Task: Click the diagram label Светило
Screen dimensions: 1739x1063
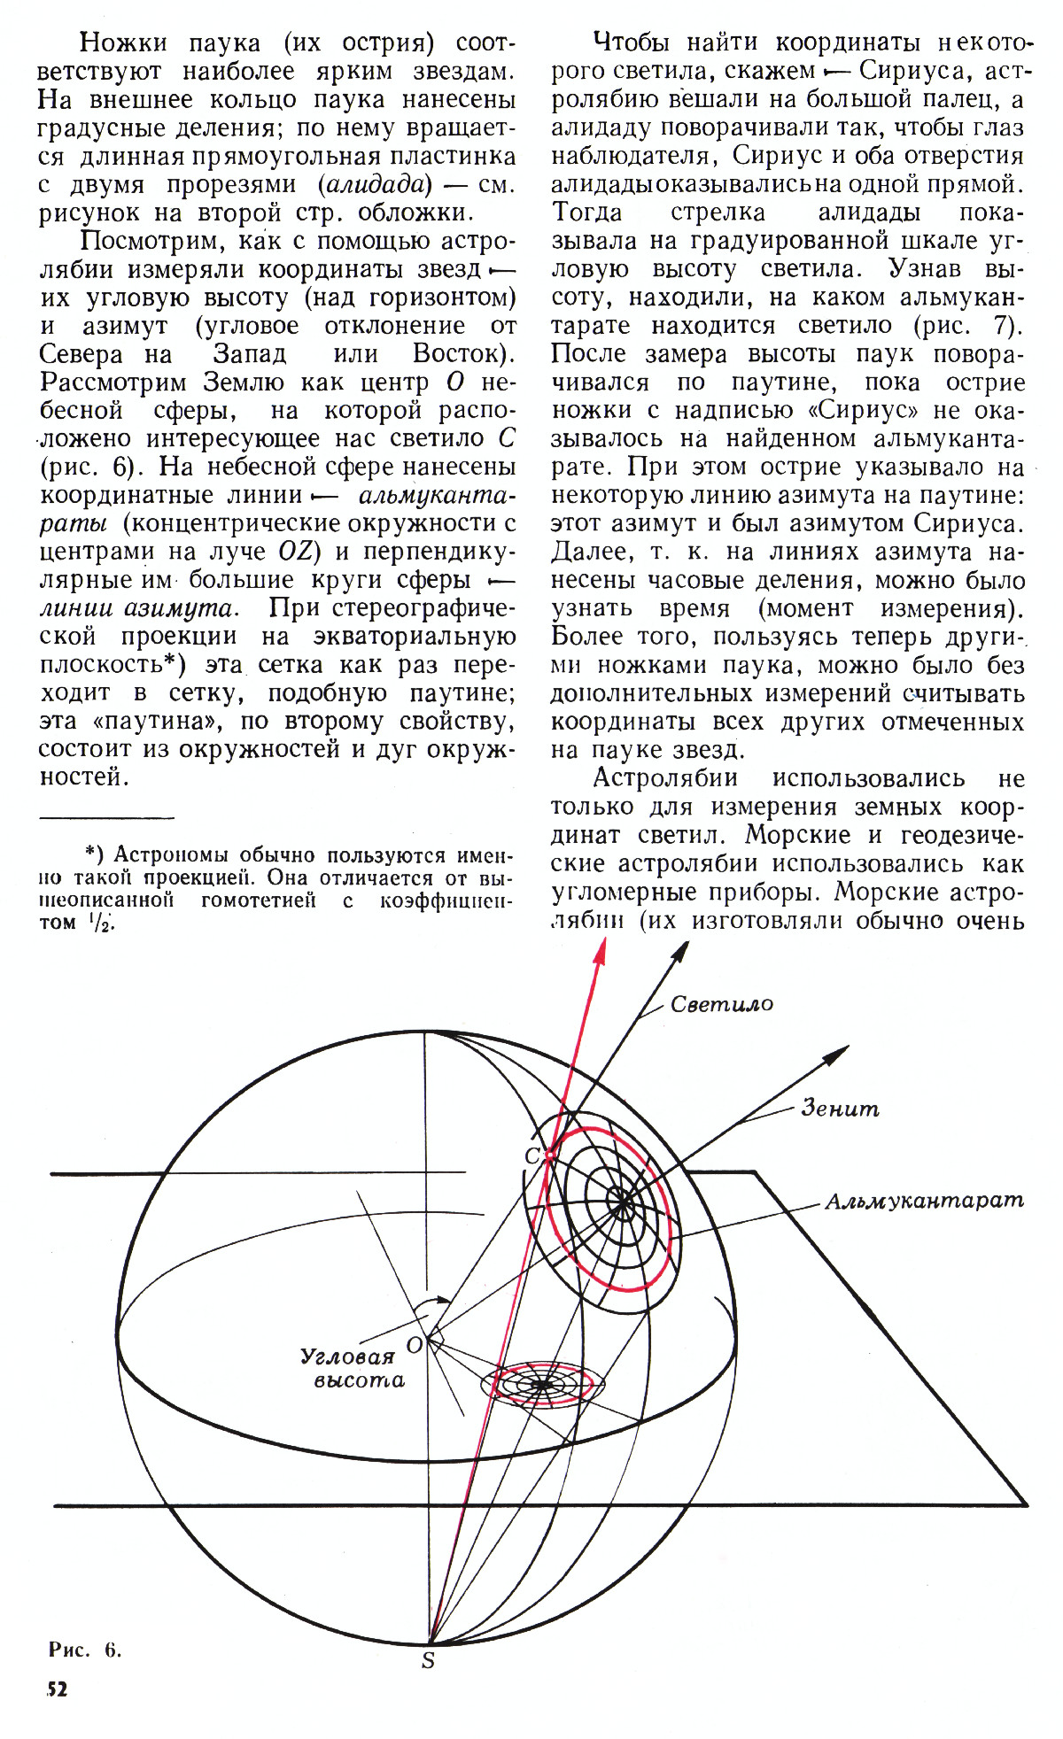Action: (721, 1004)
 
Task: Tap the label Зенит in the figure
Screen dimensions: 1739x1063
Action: (840, 1108)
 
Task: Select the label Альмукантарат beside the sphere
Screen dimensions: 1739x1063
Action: (924, 1201)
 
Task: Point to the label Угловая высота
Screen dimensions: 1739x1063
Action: (353, 1369)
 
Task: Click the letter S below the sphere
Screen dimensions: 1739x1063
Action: (428, 1661)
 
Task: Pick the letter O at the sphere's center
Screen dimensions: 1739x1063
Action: (414, 1345)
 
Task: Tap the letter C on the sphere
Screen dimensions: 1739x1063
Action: (532, 1155)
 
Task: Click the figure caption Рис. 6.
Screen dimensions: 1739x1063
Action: (84, 1650)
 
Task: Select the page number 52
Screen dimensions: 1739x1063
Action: (57, 1689)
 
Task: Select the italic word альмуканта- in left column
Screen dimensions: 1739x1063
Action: (438, 495)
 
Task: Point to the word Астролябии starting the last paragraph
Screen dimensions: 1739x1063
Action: (665, 778)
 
